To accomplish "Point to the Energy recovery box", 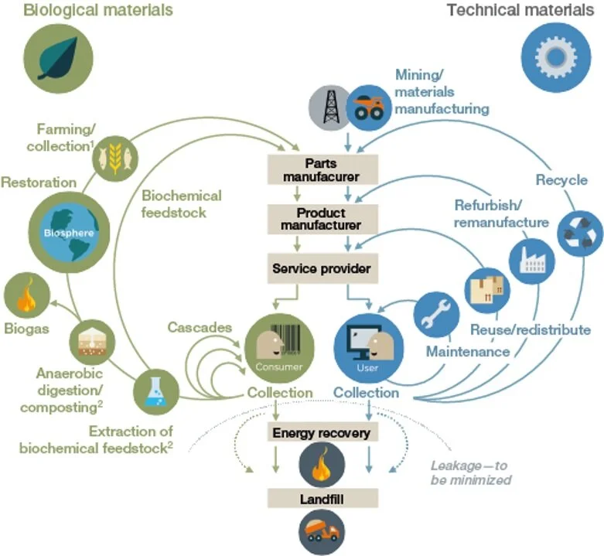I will point(320,432).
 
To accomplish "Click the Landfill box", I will point(321,500).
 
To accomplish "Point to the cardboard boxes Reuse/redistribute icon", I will point(487,288).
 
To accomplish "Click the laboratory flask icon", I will point(156,391).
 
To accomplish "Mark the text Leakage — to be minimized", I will point(470,472).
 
